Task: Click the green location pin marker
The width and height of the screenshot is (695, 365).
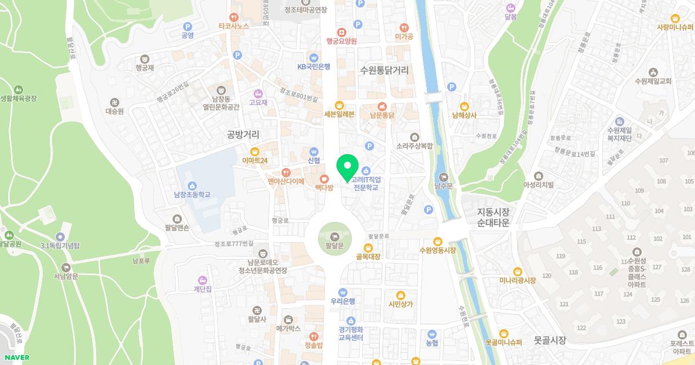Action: coord(348,167)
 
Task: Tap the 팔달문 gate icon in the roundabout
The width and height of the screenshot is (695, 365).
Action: coord(335,236)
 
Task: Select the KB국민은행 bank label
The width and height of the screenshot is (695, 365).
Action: coord(313,67)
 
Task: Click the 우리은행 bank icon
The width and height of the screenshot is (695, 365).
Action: coord(343,292)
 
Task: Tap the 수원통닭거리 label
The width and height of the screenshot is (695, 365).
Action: coord(384,71)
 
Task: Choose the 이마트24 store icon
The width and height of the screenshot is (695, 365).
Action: coord(254,152)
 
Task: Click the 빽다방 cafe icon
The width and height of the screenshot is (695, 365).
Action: coord(324,178)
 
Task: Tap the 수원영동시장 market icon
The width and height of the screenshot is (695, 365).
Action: coord(438,241)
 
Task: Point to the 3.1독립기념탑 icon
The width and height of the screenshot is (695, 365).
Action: coord(60,237)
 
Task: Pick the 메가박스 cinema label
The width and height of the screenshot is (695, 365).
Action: coord(288,329)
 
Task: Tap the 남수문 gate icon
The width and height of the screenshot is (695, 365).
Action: coord(444,177)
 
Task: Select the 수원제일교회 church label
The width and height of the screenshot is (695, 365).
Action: coord(653,81)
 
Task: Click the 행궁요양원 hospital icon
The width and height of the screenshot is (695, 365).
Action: coord(342,32)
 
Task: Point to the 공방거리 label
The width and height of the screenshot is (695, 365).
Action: coord(243,134)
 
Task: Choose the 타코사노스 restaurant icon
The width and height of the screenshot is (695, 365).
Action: coord(234,17)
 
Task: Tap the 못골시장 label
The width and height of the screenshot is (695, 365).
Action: coord(550,340)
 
